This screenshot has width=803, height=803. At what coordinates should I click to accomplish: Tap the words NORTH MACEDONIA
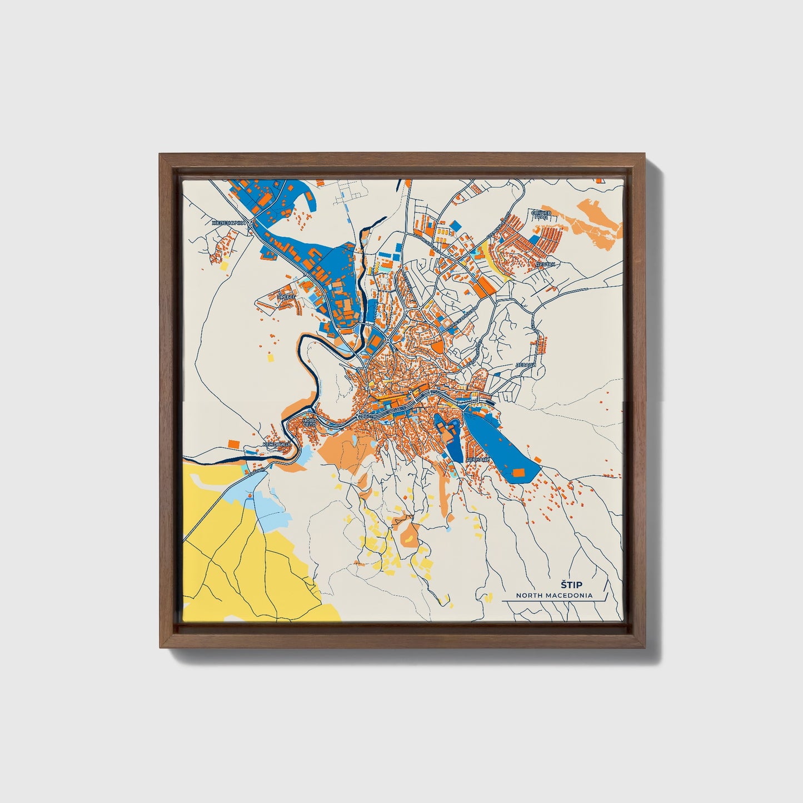pos(553,595)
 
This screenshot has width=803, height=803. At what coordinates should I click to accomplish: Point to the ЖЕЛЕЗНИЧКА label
pos(228,223)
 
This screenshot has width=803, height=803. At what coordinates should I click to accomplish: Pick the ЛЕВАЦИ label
pos(525,365)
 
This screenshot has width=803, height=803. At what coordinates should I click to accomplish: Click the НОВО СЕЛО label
pos(309,422)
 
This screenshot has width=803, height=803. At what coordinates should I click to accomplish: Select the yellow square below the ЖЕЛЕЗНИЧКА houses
pos(225,266)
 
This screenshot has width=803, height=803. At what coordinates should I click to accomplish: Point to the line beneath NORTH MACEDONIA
pos(553,601)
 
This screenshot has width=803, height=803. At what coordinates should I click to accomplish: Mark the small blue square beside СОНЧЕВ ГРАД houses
pos(533,239)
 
